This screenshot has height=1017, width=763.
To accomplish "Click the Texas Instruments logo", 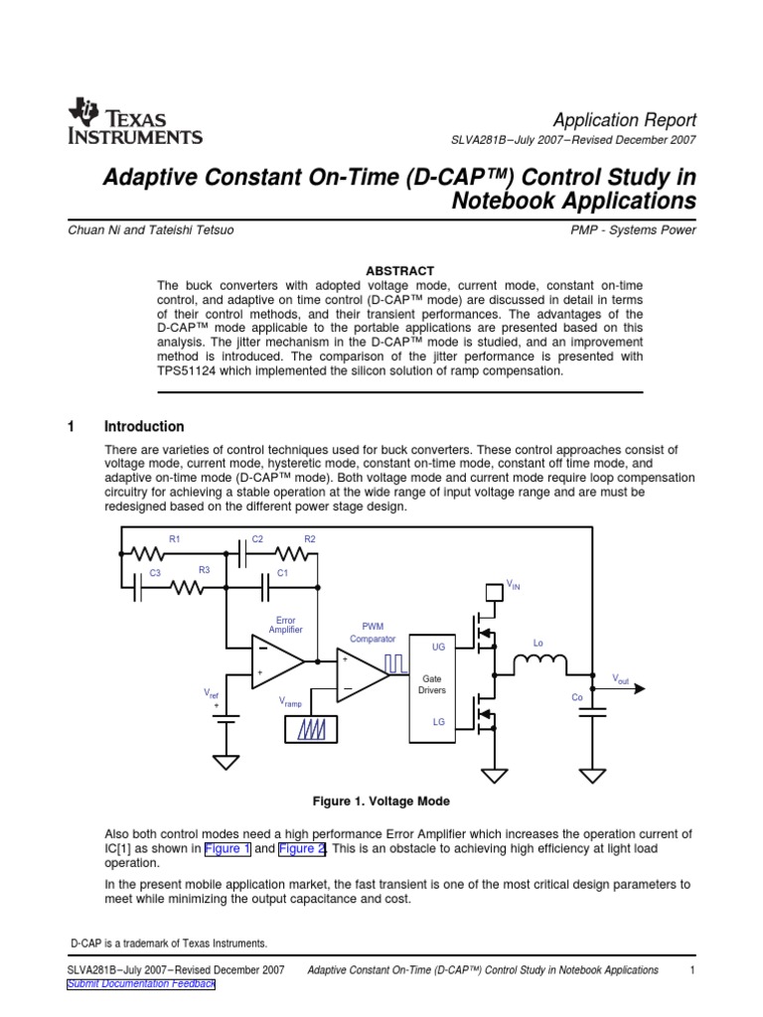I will tap(135, 122).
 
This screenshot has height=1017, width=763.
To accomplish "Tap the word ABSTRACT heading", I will tap(400, 270).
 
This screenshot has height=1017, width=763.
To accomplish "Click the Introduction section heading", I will tap(144, 427).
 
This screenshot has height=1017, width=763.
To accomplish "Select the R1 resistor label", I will tap(174, 538).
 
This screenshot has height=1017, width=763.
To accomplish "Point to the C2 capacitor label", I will tap(257, 538).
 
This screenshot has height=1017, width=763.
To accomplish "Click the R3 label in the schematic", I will tap(204, 570).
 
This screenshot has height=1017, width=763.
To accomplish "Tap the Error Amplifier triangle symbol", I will tap(278, 660).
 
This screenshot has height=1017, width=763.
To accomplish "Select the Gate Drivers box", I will tap(432, 684).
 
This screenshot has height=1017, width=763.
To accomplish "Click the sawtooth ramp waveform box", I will tap(311, 730).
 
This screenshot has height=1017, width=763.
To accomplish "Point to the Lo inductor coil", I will tap(539, 662).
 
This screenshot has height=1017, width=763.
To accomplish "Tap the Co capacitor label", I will tap(576, 697).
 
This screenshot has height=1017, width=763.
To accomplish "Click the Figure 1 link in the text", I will tap(229, 849).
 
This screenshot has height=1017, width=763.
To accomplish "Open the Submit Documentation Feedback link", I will tap(140, 983).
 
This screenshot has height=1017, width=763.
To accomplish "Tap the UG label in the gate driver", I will tap(438, 647).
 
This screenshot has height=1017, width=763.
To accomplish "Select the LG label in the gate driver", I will tap(438, 723).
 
